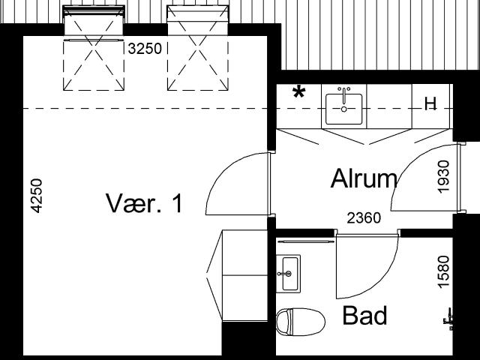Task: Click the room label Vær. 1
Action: pos(144,203)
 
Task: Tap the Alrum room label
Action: pos(364,178)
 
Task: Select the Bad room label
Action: pos(364,315)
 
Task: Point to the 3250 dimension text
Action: pos(145,48)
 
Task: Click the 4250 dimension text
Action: pos(37,196)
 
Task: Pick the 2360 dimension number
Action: pos(364,218)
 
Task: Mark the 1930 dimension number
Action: pos(443,177)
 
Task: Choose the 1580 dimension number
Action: pos(443,271)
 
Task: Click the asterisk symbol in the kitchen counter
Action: pos(298,92)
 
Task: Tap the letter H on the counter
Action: pos(430,104)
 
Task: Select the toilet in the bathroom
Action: pos(300,322)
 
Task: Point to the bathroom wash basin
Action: pos(288,273)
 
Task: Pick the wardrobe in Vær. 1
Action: pos(237,275)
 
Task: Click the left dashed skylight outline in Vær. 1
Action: pos(94,65)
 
